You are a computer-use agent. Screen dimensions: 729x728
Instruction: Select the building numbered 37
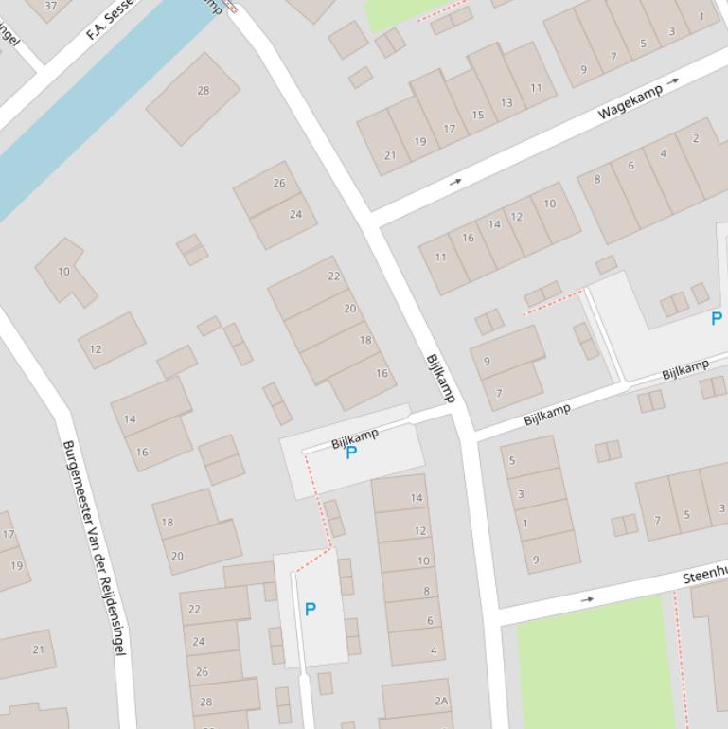[x=50, y=6]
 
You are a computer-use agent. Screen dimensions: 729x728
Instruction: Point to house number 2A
[x=440, y=701]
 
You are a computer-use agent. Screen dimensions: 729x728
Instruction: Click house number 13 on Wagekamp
[x=506, y=103]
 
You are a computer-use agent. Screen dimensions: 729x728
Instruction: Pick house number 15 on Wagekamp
[x=478, y=116]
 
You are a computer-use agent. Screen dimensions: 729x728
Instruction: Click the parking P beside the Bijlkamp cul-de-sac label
[x=351, y=453]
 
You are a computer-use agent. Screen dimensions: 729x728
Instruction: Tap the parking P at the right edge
[x=717, y=319]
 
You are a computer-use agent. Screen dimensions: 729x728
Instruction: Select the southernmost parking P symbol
[x=310, y=610]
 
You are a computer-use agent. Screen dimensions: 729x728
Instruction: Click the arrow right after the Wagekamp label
[x=672, y=82]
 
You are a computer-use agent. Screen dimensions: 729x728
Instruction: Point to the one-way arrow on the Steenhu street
[x=587, y=599]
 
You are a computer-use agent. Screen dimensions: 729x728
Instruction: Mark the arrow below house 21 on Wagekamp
[x=455, y=181]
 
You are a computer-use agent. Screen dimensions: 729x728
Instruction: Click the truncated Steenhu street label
[x=704, y=574]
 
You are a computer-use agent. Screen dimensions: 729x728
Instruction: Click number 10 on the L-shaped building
[x=63, y=272]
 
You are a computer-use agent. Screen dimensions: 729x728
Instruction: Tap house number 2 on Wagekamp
[x=696, y=139]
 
